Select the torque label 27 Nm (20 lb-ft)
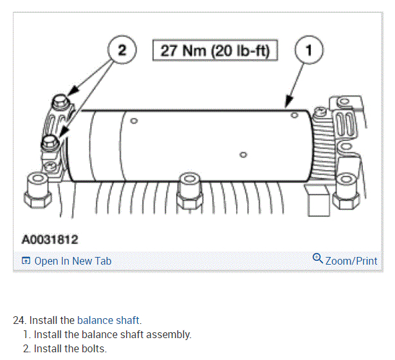215,50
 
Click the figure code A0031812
50,240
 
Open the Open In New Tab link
72,261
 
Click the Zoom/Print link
351,261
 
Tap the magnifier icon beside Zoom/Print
317,259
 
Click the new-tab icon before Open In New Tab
26,261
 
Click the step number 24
20,320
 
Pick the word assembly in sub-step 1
169,335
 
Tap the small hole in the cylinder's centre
243,154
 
